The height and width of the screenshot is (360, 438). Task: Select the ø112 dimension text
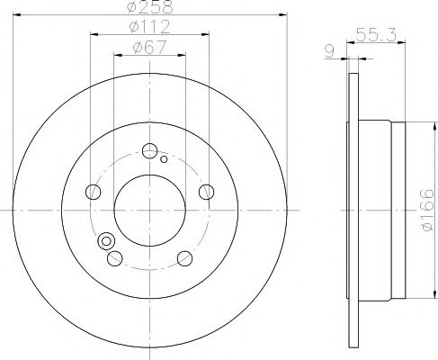[x=148, y=28]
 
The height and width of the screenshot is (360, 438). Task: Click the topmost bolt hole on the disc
[x=149, y=150]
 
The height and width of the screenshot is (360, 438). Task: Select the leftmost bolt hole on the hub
[x=92, y=192]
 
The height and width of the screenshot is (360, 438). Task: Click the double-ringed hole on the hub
[x=107, y=241]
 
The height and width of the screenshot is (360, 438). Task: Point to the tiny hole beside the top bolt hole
[x=165, y=159]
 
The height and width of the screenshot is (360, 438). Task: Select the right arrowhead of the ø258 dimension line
[x=279, y=15]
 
